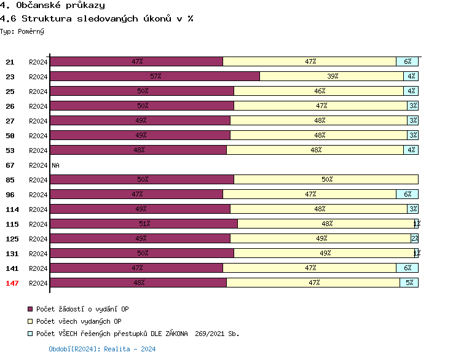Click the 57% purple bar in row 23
coord(155,76)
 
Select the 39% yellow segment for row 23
coord(332,76)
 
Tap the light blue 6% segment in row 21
coord(407,61)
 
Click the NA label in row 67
coord(55,165)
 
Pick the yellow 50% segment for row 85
coord(326,179)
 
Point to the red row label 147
coord(12,283)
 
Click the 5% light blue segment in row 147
coord(409,283)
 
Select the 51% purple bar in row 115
coord(144,224)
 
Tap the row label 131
coord(12,253)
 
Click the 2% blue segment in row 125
coord(414,238)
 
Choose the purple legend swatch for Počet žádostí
coord(30,309)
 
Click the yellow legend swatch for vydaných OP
coord(30,321)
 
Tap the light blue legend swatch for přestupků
coord(30,334)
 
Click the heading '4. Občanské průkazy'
coord(52,6)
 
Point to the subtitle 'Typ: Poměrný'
coord(22,31)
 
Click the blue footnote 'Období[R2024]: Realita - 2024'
coord(102,349)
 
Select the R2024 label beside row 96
coord(38,194)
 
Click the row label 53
coord(10,150)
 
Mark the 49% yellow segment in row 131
coord(324,253)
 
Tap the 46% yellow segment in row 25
coord(318,91)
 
